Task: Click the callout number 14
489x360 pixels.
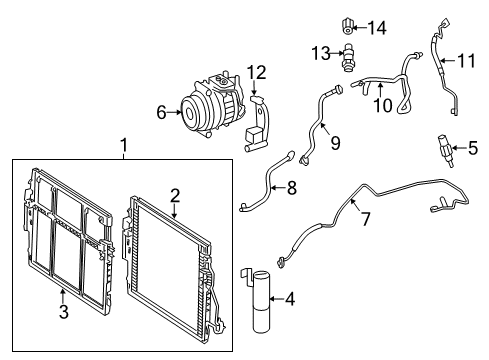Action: [x=377, y=28]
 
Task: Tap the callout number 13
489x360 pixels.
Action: [x=321, y=53]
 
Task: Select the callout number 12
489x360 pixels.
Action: [x=257, y=72]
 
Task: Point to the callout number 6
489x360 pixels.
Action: [x=161, y=113]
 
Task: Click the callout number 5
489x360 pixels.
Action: [x=473, y=148]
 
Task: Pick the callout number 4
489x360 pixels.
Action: [x=290, y=299]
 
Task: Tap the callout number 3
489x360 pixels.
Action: [x=64, y=311]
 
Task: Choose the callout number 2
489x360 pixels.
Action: [x=175, y=196]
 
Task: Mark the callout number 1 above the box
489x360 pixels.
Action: [x=124, y=145]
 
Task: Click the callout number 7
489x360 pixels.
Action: [x=366, y=219]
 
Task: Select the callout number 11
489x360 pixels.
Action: [x=466, y=61]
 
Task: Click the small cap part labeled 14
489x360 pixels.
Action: [x=348, y=27]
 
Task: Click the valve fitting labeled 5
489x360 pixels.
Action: [x=445, y=150]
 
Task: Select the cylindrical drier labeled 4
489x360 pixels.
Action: [x=261, y=302]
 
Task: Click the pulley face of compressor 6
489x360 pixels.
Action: [x=191, y=112]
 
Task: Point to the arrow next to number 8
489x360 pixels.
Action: [x=279, y=188]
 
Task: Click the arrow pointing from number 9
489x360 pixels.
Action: [x=326, y=129]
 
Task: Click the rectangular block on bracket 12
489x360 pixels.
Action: [x=253, y=134]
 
